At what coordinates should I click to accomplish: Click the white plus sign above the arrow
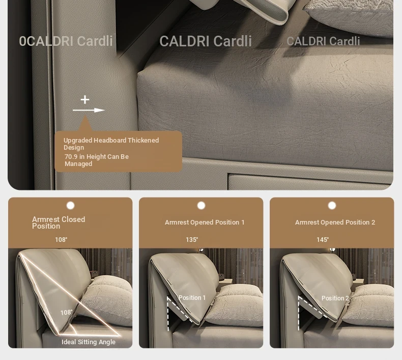click(85, 100)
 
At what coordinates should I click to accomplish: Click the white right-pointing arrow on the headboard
click(89, 110)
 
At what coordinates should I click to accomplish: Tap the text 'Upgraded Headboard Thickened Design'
click(111, 144)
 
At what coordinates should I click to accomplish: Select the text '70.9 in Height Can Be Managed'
click(97, 160)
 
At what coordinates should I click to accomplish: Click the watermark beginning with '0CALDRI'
click(66, 41)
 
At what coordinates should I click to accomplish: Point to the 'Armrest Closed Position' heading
click(59, 223)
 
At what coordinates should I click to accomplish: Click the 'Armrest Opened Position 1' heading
click(205, 222)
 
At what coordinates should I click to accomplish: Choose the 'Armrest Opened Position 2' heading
click(335, 222)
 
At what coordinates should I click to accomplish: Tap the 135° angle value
click(192, 240)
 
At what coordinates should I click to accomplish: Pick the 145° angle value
click(323, 240)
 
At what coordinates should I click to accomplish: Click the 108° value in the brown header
click(61, 240)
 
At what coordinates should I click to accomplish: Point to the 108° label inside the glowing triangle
click(66, 313)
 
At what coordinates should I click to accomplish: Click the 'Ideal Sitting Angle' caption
click(89, 342)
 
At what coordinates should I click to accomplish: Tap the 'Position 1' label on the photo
click(192, 298)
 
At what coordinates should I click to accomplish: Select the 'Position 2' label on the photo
click(335, 298)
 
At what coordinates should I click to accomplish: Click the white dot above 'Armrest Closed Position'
click(71, 206)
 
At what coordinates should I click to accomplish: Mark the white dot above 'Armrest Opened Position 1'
click(202, 206)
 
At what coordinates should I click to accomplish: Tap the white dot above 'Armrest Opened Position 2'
click(332, 206)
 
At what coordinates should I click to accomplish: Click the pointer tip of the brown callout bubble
click(85, 116)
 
